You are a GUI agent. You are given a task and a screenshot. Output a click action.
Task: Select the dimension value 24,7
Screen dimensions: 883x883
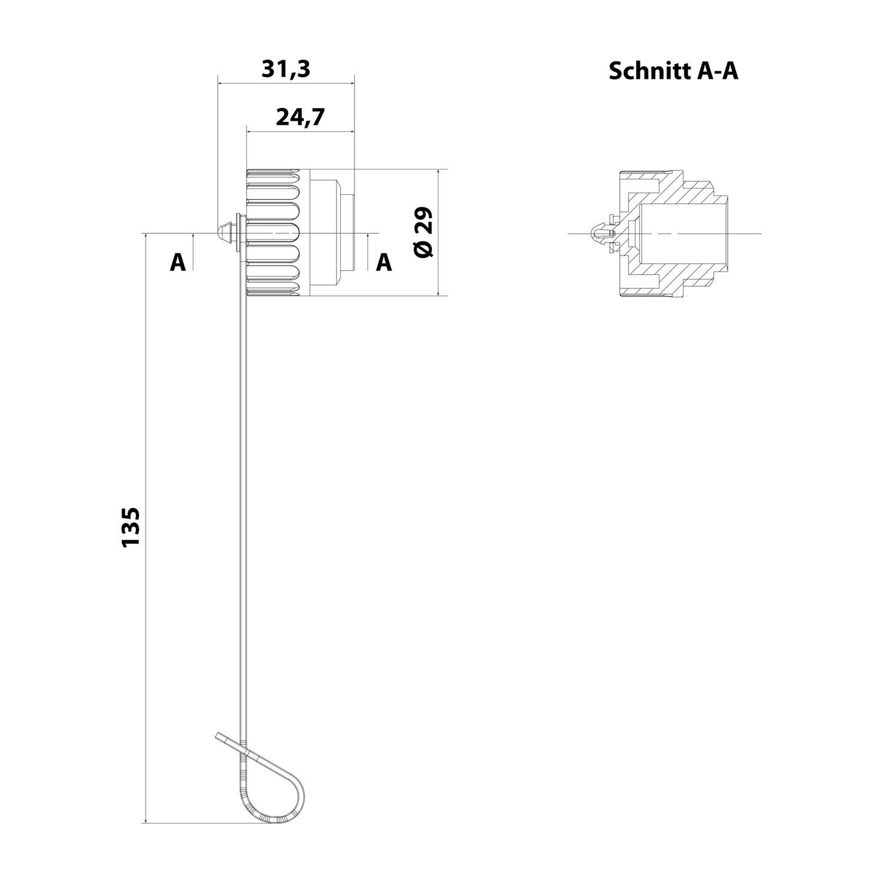pyautogui.click(x=300, y=117)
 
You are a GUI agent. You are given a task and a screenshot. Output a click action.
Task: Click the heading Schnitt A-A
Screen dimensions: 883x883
pyautogui.click(x=673, y=71)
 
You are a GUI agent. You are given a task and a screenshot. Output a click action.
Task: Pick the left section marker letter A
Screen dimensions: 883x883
pyautogui.click(x=177, y=263)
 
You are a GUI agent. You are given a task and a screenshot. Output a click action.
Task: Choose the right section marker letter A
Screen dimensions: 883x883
pyautogui.click(x=384, y=263)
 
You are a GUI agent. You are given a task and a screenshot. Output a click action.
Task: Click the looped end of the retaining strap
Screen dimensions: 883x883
pyautogui.click(x=277, y=789)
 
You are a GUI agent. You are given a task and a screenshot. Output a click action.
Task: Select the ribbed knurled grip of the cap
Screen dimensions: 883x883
pyautogui.click(x=274, y=233)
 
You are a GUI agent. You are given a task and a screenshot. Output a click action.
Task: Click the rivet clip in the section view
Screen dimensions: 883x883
pyautogui.click(x=602, y=234)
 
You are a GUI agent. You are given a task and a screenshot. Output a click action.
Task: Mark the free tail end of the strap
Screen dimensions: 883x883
pyautogui.click(x=221, y=736)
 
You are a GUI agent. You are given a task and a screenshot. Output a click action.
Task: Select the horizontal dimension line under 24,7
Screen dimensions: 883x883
pyautogui.click(x=300, y=131)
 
